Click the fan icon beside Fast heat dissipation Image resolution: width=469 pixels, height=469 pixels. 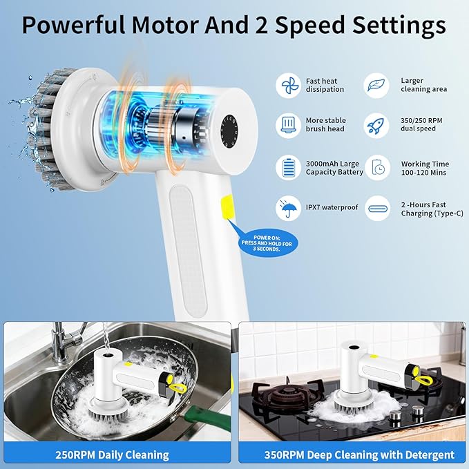[x=288, y=86]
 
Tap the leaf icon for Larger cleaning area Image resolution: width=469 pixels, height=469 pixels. [x=376, y=86]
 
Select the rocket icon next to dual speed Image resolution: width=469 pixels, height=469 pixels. [x=376, y=126]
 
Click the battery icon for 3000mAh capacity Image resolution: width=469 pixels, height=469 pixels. [x=288, y=167]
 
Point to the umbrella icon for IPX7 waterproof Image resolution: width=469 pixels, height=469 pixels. [x=288, y=208]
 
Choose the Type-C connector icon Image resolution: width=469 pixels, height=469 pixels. [x=377, y=209]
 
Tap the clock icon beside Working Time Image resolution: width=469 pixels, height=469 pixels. [x=377, y=167]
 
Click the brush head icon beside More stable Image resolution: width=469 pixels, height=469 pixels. [x=288, y=126]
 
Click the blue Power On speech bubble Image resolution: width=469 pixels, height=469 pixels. [x=266, y=243]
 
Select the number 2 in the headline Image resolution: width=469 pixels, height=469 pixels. [x=261, y=25]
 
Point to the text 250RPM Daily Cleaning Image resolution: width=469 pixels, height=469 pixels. [x=112, y=455]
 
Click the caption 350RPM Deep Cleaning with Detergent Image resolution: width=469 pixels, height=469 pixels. [x=359, y=455]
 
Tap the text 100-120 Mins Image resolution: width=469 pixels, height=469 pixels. [x=423, y=173]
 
